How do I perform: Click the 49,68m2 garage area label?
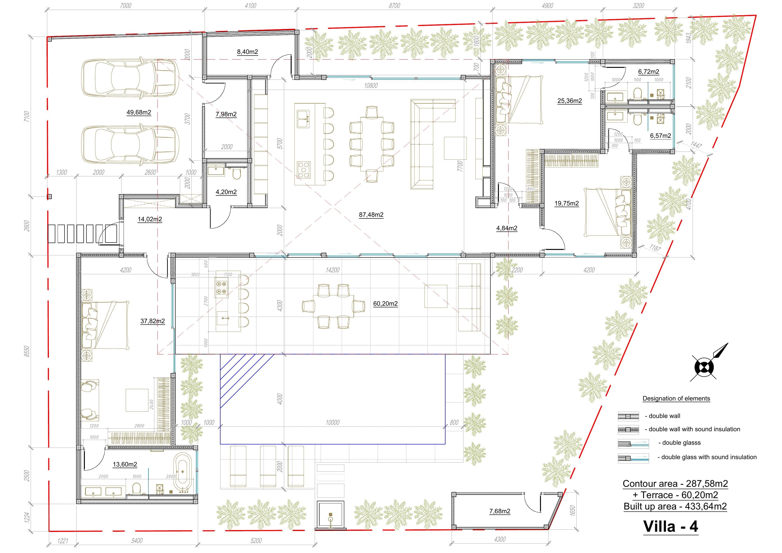point(139,113)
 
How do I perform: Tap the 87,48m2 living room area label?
point(371,215)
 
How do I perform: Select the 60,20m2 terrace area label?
point(385,304)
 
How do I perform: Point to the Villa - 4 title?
point(670,527)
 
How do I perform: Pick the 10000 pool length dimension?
point(333,422)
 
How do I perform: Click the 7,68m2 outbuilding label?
point(500,511)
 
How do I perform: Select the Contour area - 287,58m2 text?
point(675,483)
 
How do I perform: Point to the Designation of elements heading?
point(676,398)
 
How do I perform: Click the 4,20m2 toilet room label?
point(226,192)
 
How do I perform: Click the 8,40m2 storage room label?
point(247,52)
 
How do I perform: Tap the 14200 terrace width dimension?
point(333,270)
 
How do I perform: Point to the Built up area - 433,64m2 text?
point(675,506)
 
